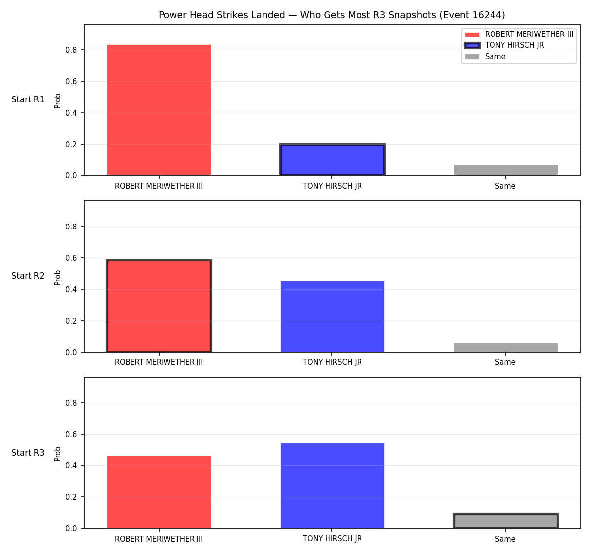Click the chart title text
coord(331,15)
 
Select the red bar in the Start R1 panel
coord(159,110)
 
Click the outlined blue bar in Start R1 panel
coord(332,160)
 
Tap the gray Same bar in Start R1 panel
coord(505,170)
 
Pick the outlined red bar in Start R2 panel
coord(159,306)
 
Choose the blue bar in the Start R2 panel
coord(332,317)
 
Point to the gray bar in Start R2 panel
coord(505,347)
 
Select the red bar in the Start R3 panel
coord(159,492)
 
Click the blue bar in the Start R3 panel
coord(332,486)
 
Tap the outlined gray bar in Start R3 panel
coord(505,521)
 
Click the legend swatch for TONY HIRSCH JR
coord(472,45)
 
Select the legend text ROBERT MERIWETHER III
coord(529,34)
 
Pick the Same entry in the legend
coord(495,57)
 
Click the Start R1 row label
coord(28,99)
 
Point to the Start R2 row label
coord(28,276)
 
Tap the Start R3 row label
coord(28,453)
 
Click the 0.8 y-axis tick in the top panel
coord(71,50)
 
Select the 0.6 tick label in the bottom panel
coord(71,435)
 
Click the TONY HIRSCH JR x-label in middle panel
coord(332,362)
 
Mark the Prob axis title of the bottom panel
coord(58,454)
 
